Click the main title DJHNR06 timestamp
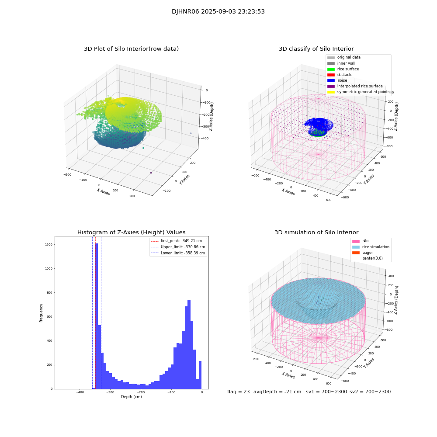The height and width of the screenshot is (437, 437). pos(218,12)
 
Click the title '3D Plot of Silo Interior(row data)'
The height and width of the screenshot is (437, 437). pos(131,49)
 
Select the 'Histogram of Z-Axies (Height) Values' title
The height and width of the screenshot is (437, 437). pos(131,232)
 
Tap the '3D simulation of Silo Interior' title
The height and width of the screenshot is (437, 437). pos(316,232)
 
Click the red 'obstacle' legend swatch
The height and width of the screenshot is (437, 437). pos(331,75)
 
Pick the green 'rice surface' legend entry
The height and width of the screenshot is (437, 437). pos(348,69)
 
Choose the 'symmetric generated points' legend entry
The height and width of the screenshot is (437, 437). pos(363,92)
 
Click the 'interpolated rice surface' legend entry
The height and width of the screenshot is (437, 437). pos(360,86)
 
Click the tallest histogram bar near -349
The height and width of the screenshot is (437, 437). pos(97,315)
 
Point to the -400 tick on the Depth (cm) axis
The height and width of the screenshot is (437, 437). pos(80,392)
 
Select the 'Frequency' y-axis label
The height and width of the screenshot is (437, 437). pos(42,312)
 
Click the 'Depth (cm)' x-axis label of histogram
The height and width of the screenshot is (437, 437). pos(131,397)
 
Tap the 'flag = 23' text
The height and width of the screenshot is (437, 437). pos(238,392)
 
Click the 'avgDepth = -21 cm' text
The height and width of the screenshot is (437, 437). pos(277,392)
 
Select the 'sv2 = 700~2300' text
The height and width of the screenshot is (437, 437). pos(370,392)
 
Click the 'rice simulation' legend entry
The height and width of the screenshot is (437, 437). pos(375,247)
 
